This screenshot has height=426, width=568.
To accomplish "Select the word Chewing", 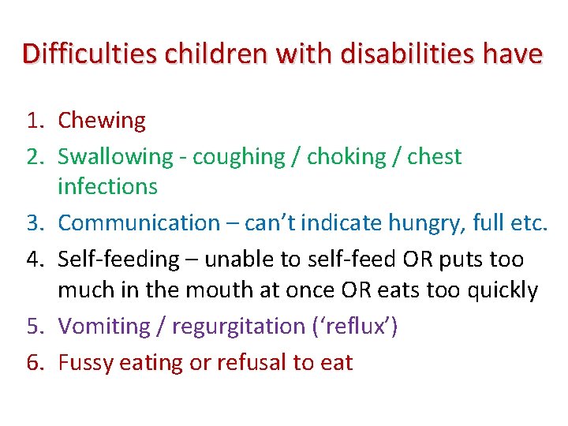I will pyautogui.click(x=102, y=121).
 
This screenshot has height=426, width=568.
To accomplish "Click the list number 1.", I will pyautogui.click(x=34, y=121).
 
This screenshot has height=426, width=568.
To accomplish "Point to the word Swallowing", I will pyautogui.click(x=115, y=156).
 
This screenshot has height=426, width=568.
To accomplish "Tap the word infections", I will pyautogui.click(x=107, y=187).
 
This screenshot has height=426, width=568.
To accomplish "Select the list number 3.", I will pyautogui.click(x=34, y=223).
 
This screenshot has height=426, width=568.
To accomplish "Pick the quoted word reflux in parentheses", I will pyautogui.click(x=361, y=326).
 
